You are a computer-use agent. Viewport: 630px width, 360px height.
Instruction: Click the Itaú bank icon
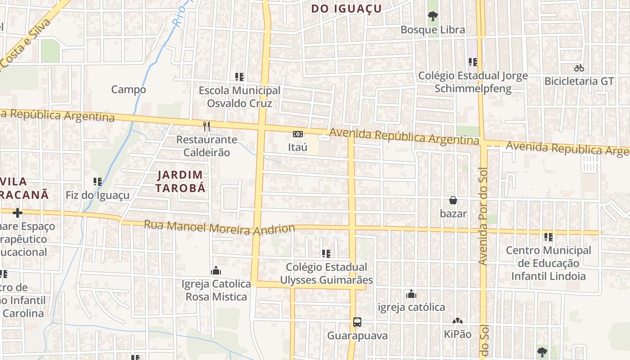point(297,134)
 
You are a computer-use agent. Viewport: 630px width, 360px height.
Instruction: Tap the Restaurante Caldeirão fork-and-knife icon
point(207,126)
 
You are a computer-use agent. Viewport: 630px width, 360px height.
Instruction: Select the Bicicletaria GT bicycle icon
point(579,68)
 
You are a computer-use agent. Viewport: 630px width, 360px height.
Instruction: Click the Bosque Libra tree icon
point(433,17)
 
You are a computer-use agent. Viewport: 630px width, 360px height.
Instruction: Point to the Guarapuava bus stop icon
point(357,322)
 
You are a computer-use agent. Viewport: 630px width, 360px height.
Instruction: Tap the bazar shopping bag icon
point(453,200)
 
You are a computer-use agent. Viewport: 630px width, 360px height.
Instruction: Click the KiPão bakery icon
point(458,321)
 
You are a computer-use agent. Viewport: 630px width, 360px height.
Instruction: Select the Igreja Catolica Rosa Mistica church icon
point(216,270)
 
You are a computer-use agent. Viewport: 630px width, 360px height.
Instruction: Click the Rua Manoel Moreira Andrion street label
point(219,228)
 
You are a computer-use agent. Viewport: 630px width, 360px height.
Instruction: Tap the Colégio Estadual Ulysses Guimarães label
point(326,274)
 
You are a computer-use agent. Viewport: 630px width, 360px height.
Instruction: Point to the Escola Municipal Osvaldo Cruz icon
point(239,77)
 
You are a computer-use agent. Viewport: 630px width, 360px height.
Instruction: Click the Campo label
point(129,90)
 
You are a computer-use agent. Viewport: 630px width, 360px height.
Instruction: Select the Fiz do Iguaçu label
point(98,195)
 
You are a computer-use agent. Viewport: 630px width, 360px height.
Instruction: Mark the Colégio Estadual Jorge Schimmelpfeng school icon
point(472,62)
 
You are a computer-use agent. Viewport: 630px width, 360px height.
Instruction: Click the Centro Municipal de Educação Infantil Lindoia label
point(549,263)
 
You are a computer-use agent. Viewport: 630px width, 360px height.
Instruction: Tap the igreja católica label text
point(411,307)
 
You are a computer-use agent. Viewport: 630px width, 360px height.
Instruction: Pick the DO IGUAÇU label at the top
point(346,9)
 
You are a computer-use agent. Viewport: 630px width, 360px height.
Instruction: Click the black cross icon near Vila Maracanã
point(18,212)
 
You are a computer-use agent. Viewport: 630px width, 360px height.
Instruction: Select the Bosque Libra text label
point(433,30)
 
